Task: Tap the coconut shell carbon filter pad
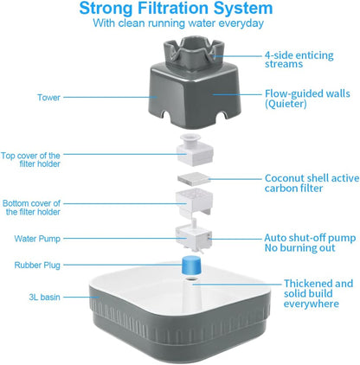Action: coord(194,179)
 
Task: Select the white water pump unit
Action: coord(194,236)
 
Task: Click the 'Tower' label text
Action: coord(48,98)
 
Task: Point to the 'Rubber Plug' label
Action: coord(37,265)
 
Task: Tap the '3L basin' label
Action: coord(44,297)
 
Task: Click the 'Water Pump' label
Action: coord(37,239)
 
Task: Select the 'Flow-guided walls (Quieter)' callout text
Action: coord(307,99)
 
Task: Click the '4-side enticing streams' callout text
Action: coord(299,60)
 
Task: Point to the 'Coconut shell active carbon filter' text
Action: coord(312,183)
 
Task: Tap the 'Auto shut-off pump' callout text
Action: coord(310,238)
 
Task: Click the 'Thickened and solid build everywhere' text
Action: coord(318,293)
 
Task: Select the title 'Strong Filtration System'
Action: coord(176,8)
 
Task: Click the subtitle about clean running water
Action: coord(178,23)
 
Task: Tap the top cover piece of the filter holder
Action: coord(195,150)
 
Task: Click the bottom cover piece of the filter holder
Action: coord(194,202)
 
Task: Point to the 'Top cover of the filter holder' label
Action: coord(30,160)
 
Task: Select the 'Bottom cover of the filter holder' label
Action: coord(32,208)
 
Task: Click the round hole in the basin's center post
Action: coord(190,279)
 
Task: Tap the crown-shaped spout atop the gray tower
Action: coord(194,52)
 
